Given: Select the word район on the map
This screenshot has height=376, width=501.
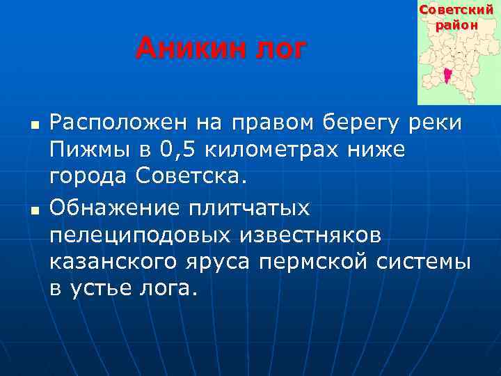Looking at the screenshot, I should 458,25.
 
